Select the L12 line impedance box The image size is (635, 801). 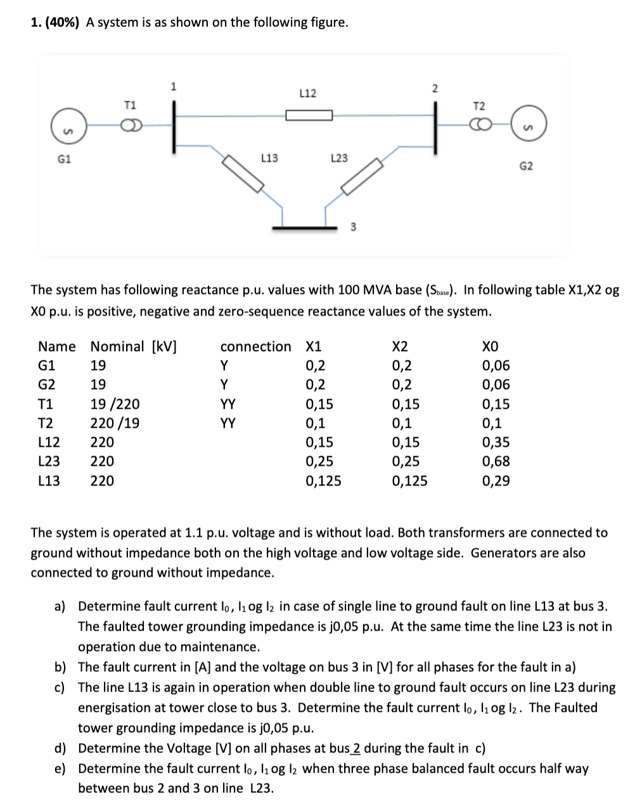(309, 115)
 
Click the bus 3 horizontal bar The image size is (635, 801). (304, 227)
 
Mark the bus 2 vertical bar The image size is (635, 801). (434, 126)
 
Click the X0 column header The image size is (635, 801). (491, 347)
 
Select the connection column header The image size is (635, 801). (255, 347)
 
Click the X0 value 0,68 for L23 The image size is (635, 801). (496, 461)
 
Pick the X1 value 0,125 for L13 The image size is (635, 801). (323, 481)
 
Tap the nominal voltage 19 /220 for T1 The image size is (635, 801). (115, 404)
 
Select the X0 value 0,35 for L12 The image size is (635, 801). (496, 442)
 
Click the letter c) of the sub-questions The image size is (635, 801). (60, 688)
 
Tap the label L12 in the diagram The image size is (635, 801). (307, 94)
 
